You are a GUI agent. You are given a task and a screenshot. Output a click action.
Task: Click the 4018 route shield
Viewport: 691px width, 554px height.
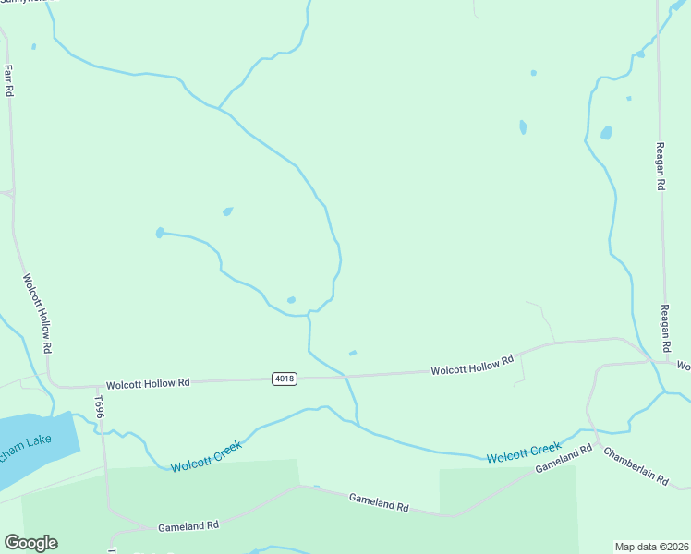point(285,379)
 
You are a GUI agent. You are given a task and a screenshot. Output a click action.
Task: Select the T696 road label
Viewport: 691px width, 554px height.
point(98,405)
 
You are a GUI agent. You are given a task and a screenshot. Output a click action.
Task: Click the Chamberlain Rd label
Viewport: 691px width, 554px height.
point(636,466)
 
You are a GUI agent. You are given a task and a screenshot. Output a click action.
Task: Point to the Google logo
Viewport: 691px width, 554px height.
point(30,543)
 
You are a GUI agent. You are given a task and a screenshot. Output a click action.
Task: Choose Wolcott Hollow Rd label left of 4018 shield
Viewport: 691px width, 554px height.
point(148,382)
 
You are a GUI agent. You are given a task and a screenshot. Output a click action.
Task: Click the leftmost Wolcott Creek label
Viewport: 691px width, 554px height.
point(206,456)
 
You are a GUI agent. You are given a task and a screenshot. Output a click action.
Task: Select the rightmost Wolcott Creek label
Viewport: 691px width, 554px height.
point(524,453)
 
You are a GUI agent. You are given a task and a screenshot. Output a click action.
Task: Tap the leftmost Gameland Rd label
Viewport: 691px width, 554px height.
point(188,526)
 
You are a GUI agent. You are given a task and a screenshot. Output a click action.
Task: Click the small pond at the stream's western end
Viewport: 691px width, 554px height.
point(160,233)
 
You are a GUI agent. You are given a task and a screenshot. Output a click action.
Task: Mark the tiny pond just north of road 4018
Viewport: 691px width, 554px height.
point(352,353)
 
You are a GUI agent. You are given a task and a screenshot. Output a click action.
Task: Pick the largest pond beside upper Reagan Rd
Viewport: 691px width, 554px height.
point(606,132)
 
